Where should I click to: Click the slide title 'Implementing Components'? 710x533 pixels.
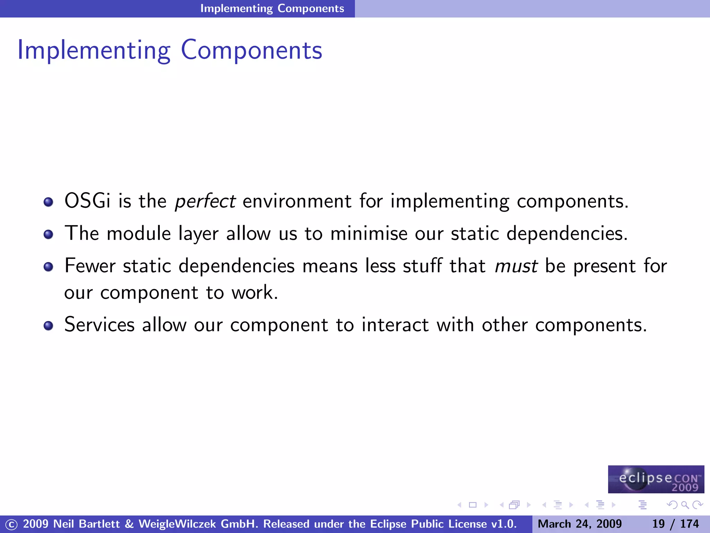[x=170, y=50]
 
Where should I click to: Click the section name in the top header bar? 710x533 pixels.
[x=272, y=8]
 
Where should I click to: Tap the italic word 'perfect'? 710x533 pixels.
[x=205, y=201]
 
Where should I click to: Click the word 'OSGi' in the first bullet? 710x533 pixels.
[x=87, y=201]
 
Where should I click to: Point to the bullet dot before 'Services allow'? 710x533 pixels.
[x=48, y=325]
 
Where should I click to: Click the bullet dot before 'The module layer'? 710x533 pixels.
[x=48, y=234]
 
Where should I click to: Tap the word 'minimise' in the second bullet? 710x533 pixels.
[x=369, y=233]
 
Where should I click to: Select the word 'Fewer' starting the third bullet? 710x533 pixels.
[x=90, y=266]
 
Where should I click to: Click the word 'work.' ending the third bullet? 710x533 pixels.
[x=255, y=293]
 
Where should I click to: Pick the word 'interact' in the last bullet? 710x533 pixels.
[x=395, y=325]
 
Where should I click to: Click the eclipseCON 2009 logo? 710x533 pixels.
[x=656, y=479]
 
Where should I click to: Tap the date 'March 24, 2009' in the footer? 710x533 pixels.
[x=580, y=524]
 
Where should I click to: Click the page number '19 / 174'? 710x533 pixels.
[x=675, y=524]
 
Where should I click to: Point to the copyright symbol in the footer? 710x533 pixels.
[x=11, y=524]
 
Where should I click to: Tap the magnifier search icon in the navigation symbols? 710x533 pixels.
[x=685, y=505]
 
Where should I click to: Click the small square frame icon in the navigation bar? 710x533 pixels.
[x=473, y=505]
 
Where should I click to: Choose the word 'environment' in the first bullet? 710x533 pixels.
[x=297, y=201]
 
